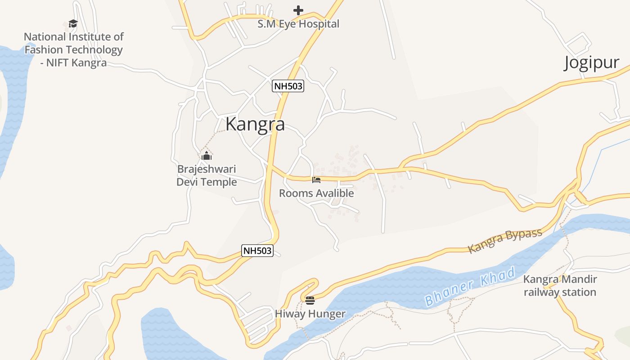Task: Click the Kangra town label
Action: tap(255, 124)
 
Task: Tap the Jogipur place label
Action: tap(591, 63)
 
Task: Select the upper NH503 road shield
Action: tap(288, 86)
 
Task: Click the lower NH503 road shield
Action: tap(257, 251)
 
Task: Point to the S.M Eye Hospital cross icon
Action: tap(298, 10)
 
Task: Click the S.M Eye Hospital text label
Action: tap(298, 24)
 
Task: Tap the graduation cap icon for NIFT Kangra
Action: tap(73, 23)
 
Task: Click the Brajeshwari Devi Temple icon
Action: tap(207, 156)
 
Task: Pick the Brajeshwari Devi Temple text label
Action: tap(207, 175)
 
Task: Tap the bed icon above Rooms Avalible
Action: tap(316, 180)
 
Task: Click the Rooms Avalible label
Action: tap(316, 193)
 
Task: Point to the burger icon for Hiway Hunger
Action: tap(310, 300)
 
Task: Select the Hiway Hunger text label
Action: tap(310, 314)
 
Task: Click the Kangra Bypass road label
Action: tap(505, 241)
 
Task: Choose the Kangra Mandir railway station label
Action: tap(560, 286)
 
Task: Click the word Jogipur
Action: tap(591, 63)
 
